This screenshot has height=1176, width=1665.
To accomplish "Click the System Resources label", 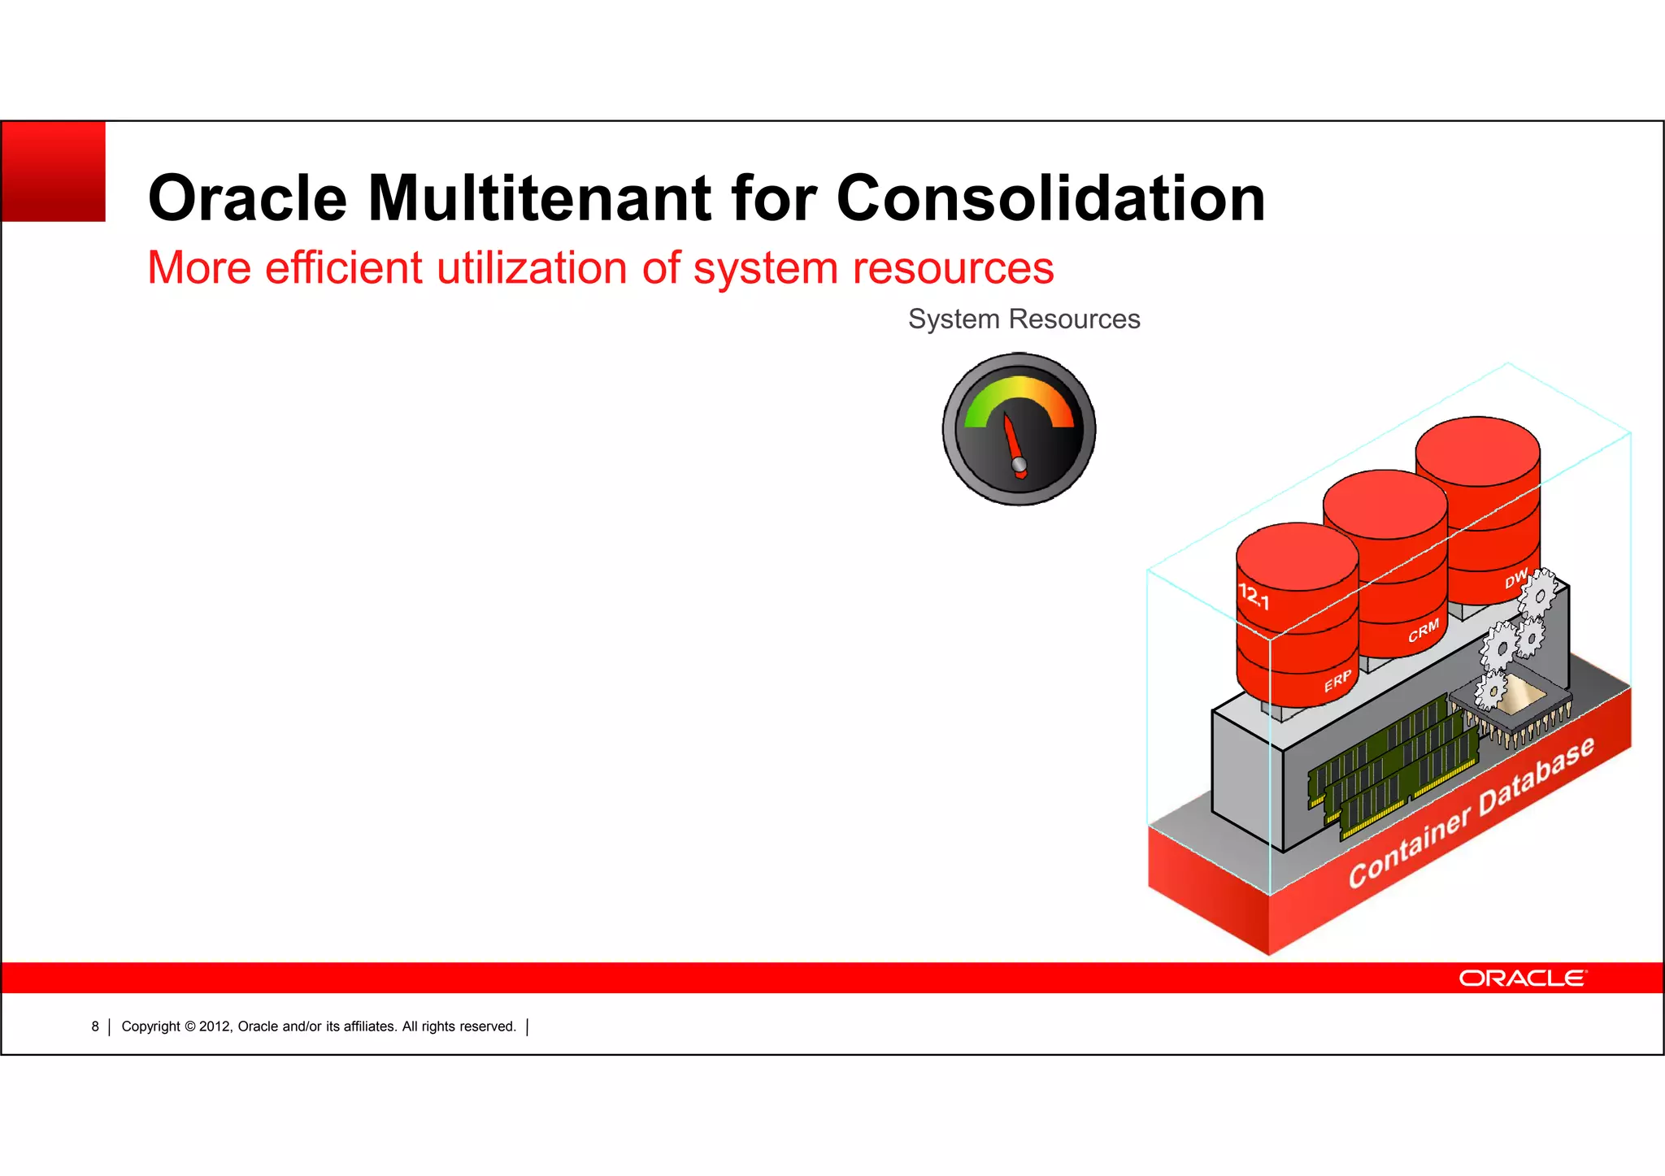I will point(1024,319).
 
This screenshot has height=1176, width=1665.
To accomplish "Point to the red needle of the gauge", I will point(1013,443).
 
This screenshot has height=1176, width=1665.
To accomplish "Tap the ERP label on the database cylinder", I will point(1337,681).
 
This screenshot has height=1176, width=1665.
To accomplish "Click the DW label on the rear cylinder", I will point(1515,579).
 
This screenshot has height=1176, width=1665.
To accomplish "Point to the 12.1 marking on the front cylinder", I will point(1253,597).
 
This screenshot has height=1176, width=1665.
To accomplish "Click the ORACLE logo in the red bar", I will point(1521,978).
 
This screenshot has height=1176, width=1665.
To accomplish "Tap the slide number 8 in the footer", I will point(95,1026).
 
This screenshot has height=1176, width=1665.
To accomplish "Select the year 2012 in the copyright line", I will point(215,1026).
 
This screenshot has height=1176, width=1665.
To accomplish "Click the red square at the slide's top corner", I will point(54,171).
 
